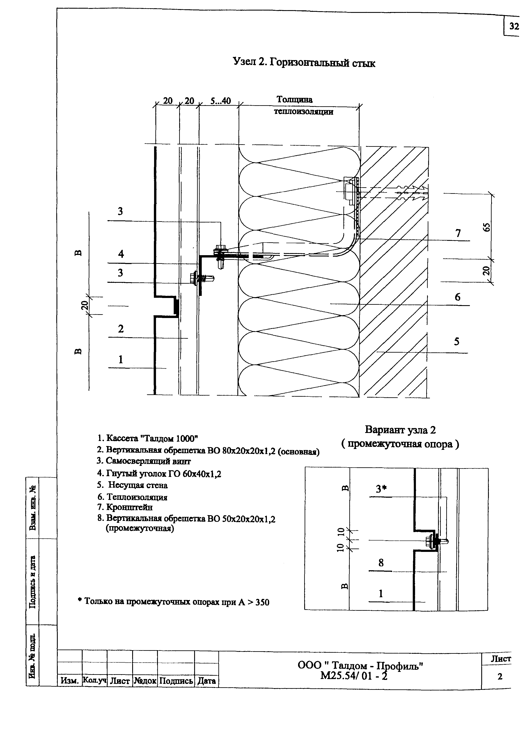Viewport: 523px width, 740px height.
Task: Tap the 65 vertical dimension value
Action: (487, 227)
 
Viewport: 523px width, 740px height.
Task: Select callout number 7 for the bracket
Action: (458, 233)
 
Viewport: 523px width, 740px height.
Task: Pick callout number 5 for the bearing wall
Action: (457, 341)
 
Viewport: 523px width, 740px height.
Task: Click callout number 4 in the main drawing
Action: (121, 254)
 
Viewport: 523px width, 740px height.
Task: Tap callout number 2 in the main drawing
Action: (121, 329)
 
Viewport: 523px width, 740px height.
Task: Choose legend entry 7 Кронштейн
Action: (125, 507)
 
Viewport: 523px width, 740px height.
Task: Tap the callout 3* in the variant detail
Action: (381, 489)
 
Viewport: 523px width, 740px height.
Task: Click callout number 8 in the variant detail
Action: (381, 563)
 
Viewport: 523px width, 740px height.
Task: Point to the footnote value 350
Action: (262, 602)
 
